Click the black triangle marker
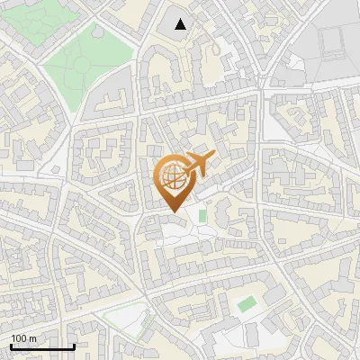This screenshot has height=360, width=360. coord(181,24)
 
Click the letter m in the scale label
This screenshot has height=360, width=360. coord(32,338)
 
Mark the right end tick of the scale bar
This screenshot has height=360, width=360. coord(73,346)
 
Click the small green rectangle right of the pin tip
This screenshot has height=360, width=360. coord(202,216)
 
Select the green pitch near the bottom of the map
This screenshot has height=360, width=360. coord(246,304)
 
